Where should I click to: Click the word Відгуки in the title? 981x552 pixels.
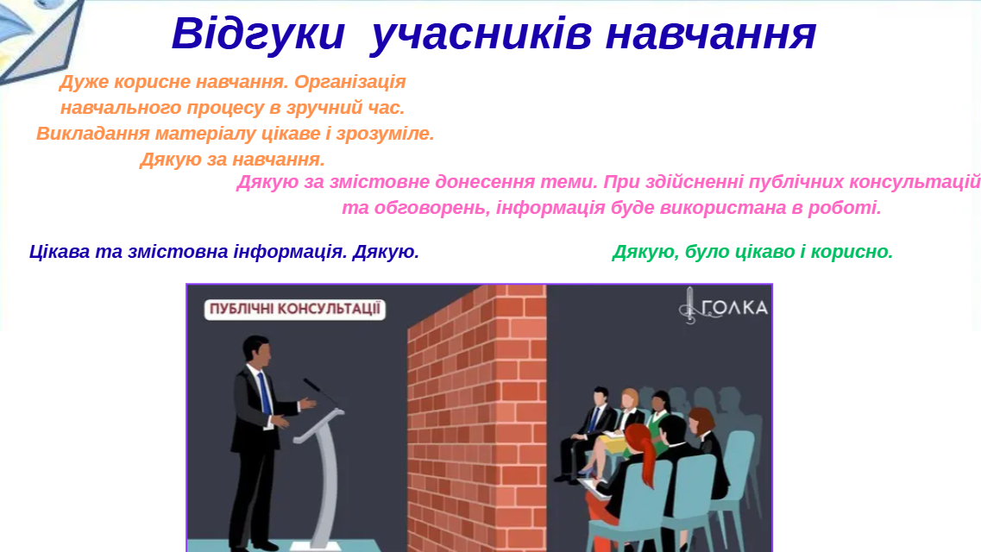click(x=258, y=33)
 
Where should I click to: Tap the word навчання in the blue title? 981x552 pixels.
click(x=711, y=34)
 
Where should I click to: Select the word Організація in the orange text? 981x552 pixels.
click(x=349, y=82)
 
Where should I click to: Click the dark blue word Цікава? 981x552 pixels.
click(x=60, y=251)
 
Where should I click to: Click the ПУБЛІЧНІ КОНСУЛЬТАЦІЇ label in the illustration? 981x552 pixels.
click(x=295, y=309)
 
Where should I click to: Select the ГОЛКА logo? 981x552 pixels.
click(x=723, y=305)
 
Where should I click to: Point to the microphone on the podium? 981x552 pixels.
click(x=320, y=392)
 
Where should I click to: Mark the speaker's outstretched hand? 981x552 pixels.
click(x=307, y=403)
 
